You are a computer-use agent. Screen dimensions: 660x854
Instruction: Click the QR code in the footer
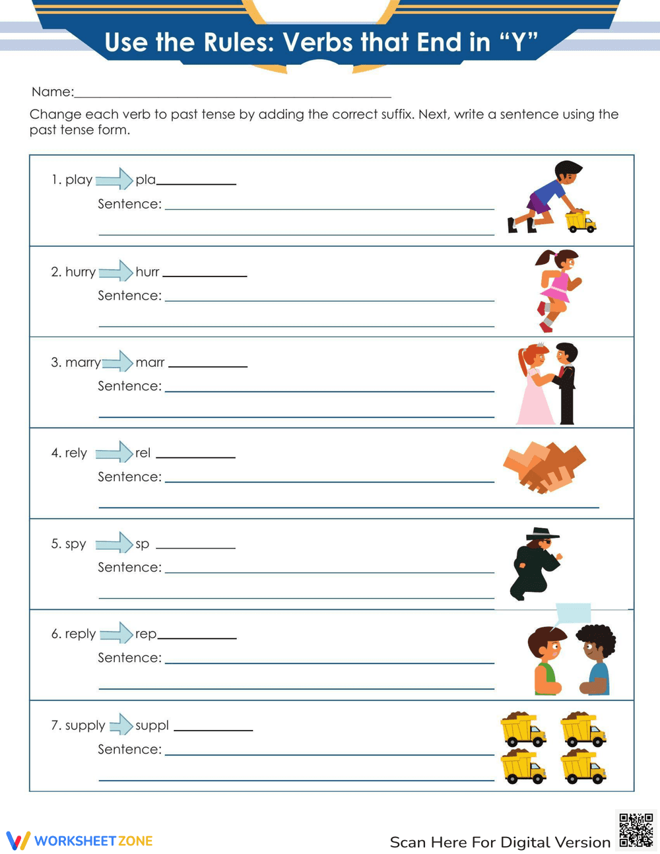pos(636,830)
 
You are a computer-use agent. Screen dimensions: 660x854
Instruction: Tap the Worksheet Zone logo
pos(80,840)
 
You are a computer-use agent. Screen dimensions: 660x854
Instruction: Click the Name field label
pos(53,92)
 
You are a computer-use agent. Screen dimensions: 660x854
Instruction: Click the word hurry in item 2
pos(81,272)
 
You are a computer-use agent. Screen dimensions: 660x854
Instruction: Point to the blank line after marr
pos(208,366)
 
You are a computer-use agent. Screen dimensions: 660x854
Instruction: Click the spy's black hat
pos(543,533)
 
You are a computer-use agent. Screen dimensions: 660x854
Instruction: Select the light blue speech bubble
pos(573,613)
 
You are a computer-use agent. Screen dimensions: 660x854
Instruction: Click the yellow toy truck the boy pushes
pos(580,221)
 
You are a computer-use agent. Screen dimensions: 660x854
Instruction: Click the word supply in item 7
pos(85,725)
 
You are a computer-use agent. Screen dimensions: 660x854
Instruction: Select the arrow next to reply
pos(116,634)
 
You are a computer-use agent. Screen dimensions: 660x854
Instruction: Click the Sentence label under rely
pos(129,476)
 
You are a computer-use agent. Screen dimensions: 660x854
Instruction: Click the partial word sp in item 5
pos(143,544)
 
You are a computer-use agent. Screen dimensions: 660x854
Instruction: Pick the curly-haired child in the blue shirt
pos(597,659)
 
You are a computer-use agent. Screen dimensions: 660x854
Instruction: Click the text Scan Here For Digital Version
pos(500,842)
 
